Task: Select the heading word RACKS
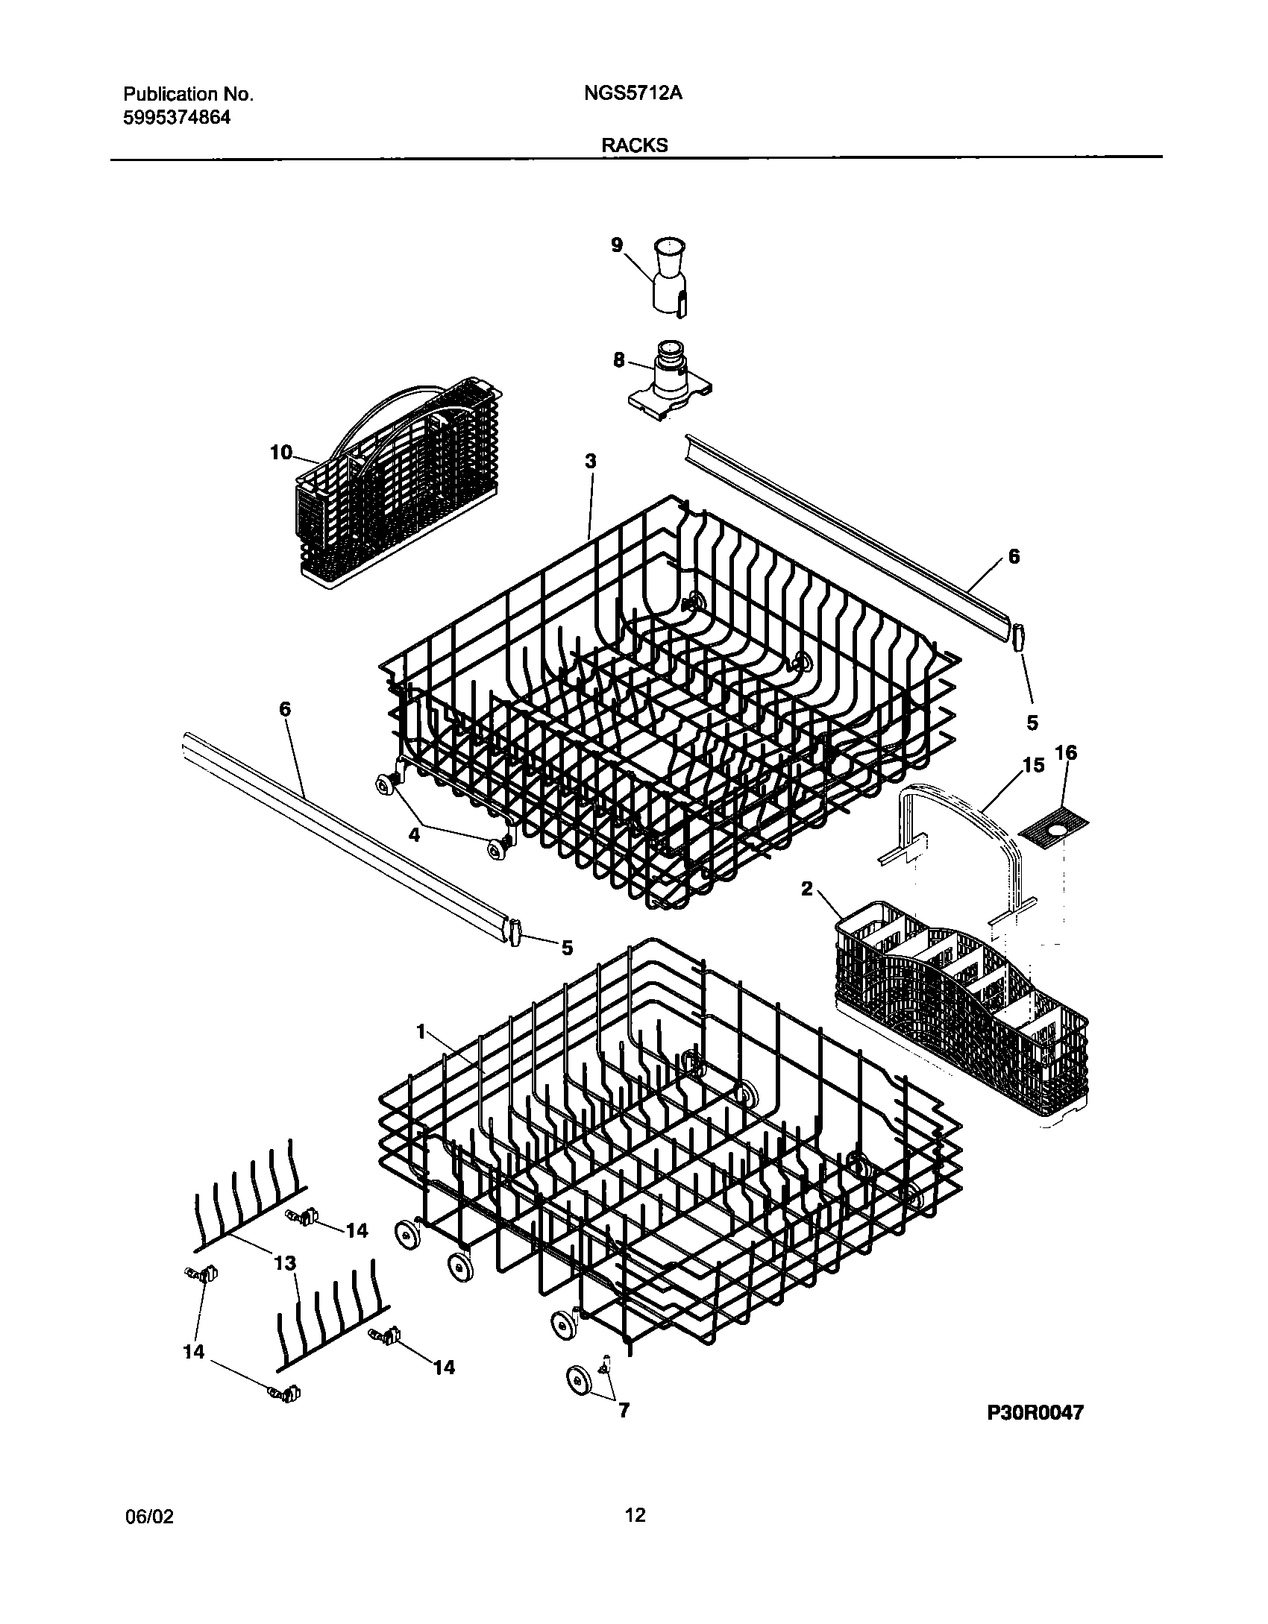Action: click(x=635, y=145)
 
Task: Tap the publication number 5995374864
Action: click(x=177, y=117)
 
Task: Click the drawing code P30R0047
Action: click(x=1035, y=1413)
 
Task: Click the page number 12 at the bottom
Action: click(x=635, y=1515)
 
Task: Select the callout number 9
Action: click(x=617, y=245)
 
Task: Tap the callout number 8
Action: click(x=618, y=360)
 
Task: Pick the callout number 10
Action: click(x=281, y=452)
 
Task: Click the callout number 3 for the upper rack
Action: click(x=591, y=462)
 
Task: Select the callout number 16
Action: click(x=1067, y=753)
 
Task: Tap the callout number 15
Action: click(x=1033, y=766)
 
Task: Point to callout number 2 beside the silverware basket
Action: click(x=807, y=889)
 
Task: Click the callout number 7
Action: click(x=624, y=1410)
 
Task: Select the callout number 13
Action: click(x=285, y=1263)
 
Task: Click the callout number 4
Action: click(x=414, y=834)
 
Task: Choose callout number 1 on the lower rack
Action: click(x=421, y=1031)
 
